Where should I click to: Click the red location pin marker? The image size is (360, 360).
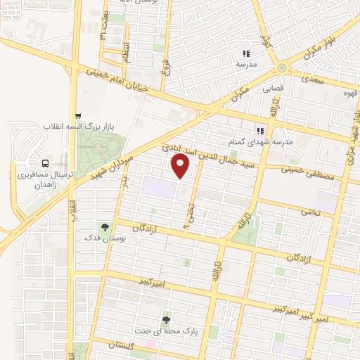click(181, 165)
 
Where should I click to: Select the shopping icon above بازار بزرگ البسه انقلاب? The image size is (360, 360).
click(78, 116)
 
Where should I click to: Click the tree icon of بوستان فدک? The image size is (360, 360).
click(105, 226)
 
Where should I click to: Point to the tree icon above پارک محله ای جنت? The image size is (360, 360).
click(166, 317)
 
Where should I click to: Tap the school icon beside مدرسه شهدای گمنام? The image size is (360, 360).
click(259, 130)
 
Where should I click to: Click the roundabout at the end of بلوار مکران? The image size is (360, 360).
click(283, 68)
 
